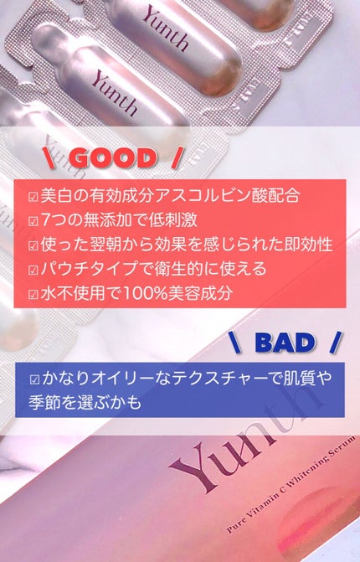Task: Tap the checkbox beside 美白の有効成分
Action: tap(33, 199)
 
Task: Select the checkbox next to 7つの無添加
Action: tap(33, 222)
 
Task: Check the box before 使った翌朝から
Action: tap(33, 246)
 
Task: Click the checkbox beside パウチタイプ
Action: tap(33, 271)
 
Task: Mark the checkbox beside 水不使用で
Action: tap(33, 295)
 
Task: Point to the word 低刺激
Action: tap(183, 222)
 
